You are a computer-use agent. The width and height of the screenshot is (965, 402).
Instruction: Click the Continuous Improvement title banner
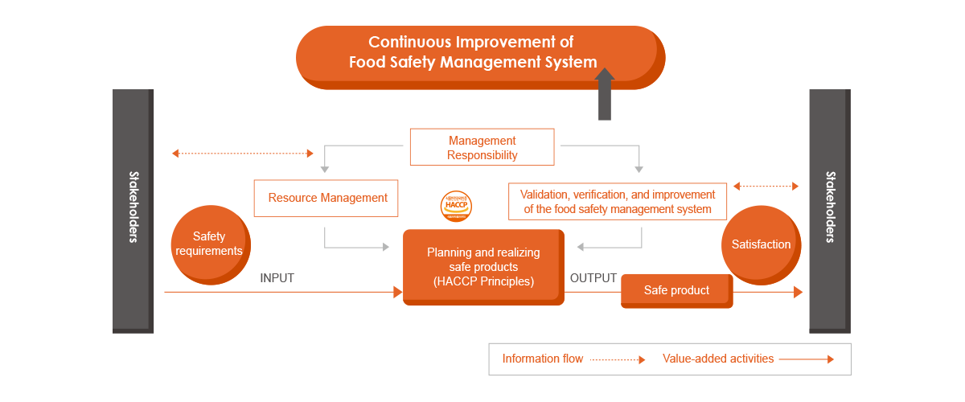(479, 53)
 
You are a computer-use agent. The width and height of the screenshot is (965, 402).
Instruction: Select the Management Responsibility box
(482, 147)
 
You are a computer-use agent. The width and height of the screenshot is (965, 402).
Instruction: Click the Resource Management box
(326, 198)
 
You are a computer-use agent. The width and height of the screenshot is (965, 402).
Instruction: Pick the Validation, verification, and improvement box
(617, 201)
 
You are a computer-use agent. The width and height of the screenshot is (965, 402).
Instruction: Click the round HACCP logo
(456, 207)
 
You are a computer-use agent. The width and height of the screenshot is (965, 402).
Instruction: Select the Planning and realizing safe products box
(482, 267)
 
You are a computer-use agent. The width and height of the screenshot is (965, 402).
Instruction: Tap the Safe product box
(676, 290)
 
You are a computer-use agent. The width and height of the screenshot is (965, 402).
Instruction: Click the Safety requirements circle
(209, 244)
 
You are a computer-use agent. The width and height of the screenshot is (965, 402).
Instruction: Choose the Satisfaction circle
(761, 244)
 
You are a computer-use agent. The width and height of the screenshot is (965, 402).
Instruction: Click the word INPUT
(277, 278)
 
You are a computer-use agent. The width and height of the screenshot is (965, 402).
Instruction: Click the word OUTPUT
(593, 278)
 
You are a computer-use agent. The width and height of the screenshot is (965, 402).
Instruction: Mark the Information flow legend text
(542, 359)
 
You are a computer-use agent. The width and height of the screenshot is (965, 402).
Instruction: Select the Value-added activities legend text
(717, 359)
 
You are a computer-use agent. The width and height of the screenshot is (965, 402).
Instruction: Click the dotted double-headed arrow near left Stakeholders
(243, 153)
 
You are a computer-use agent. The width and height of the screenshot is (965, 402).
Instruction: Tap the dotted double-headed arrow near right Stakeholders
(766, 187)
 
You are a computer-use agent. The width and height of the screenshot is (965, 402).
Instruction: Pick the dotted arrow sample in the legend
(618, 360)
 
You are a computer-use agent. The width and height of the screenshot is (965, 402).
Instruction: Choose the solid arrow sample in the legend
(807, 360)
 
